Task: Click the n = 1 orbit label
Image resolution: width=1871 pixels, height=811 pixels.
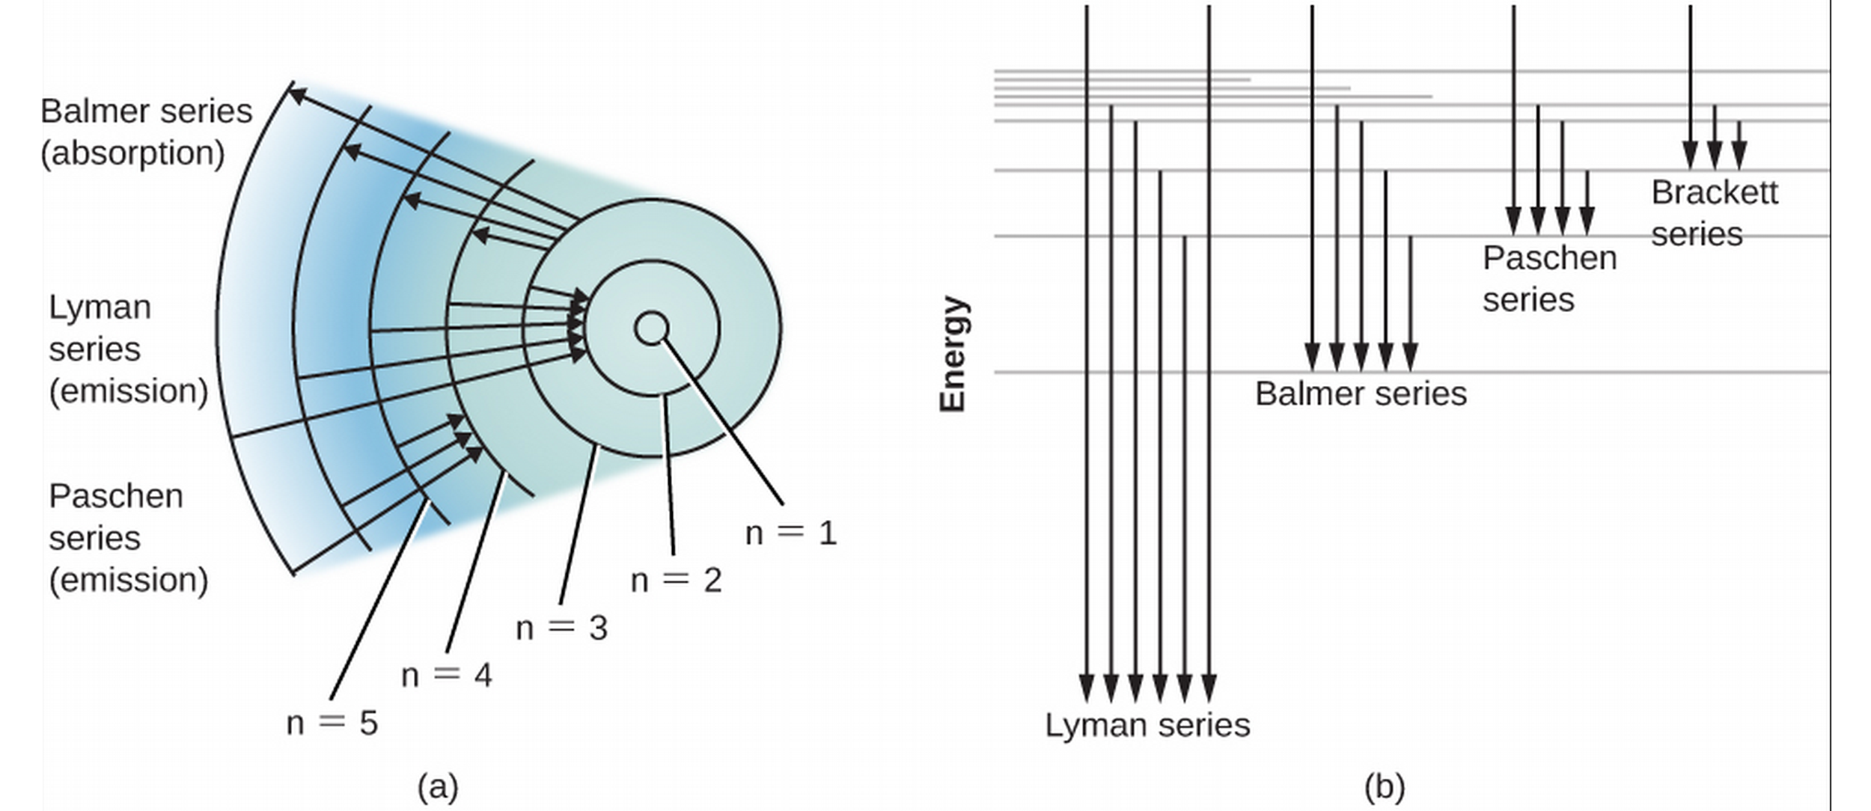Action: tap(791, 533)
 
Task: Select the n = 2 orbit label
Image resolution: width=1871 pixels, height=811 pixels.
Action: tap(677, 580)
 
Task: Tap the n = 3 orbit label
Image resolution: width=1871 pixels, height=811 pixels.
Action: tap(561, 628)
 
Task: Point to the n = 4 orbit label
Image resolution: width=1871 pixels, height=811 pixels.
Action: tap(447, 676)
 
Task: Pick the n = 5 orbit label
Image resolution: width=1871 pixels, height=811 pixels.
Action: tap(332, 723)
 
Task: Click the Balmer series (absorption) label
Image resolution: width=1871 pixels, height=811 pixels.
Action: tap(147, 132)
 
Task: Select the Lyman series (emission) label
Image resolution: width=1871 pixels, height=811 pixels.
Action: tap(128, 349)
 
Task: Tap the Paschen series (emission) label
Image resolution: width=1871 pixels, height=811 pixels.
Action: tap(128, 538)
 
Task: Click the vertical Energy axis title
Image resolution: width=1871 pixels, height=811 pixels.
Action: tap(953, 354)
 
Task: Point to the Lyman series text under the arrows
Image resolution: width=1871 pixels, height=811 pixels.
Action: tap(1147, 725)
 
